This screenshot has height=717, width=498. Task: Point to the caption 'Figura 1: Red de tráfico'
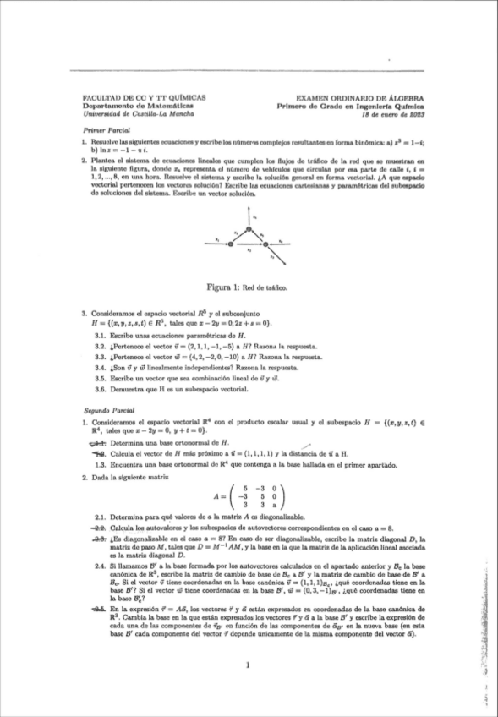[249, 287]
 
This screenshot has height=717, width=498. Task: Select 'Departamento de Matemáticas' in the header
[123, 107]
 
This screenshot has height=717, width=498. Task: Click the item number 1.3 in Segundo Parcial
[100, 462]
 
